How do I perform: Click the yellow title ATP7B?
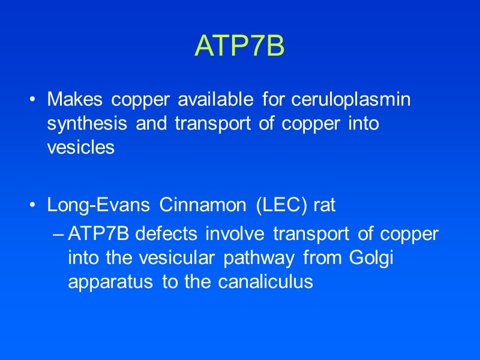[x=239, y=46]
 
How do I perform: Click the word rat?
[x=325, y=205]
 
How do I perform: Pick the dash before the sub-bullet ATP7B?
[x=58, y=234]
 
